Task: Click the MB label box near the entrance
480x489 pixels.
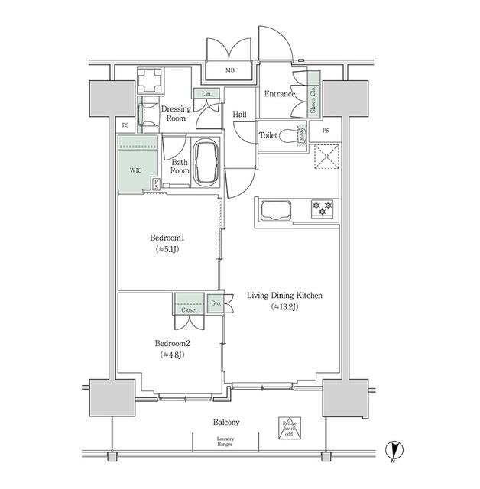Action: click(x=229, y=71)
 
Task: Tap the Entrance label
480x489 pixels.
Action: click(x=279, y=94)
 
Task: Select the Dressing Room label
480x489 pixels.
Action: click(x=177, y=113)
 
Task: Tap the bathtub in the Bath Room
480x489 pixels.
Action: click(x=207, y=162)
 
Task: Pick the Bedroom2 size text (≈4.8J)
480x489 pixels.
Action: click(x=173, y=355)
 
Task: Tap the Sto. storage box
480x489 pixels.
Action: click(x=216, y=303)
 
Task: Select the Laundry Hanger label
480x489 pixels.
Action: click(x=225, y=442)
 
